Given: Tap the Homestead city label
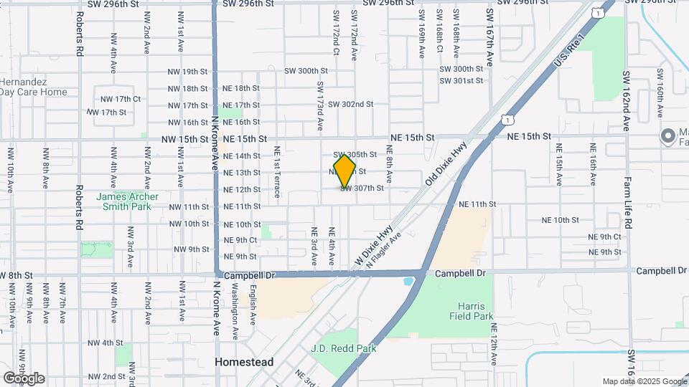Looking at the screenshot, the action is [x=244, y=363].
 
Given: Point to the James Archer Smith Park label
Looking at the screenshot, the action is [x=128, y=201].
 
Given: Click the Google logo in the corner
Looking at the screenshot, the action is [x=23, y=378].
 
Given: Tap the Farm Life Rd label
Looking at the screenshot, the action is [x=627, y=202].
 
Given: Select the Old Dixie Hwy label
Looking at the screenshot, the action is [x=446, y=164].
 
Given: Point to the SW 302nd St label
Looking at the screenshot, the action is [x=351, y=104].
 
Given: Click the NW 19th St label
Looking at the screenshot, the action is [x=187, y=72].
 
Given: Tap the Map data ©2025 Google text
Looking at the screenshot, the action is [x=644, y=381].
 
